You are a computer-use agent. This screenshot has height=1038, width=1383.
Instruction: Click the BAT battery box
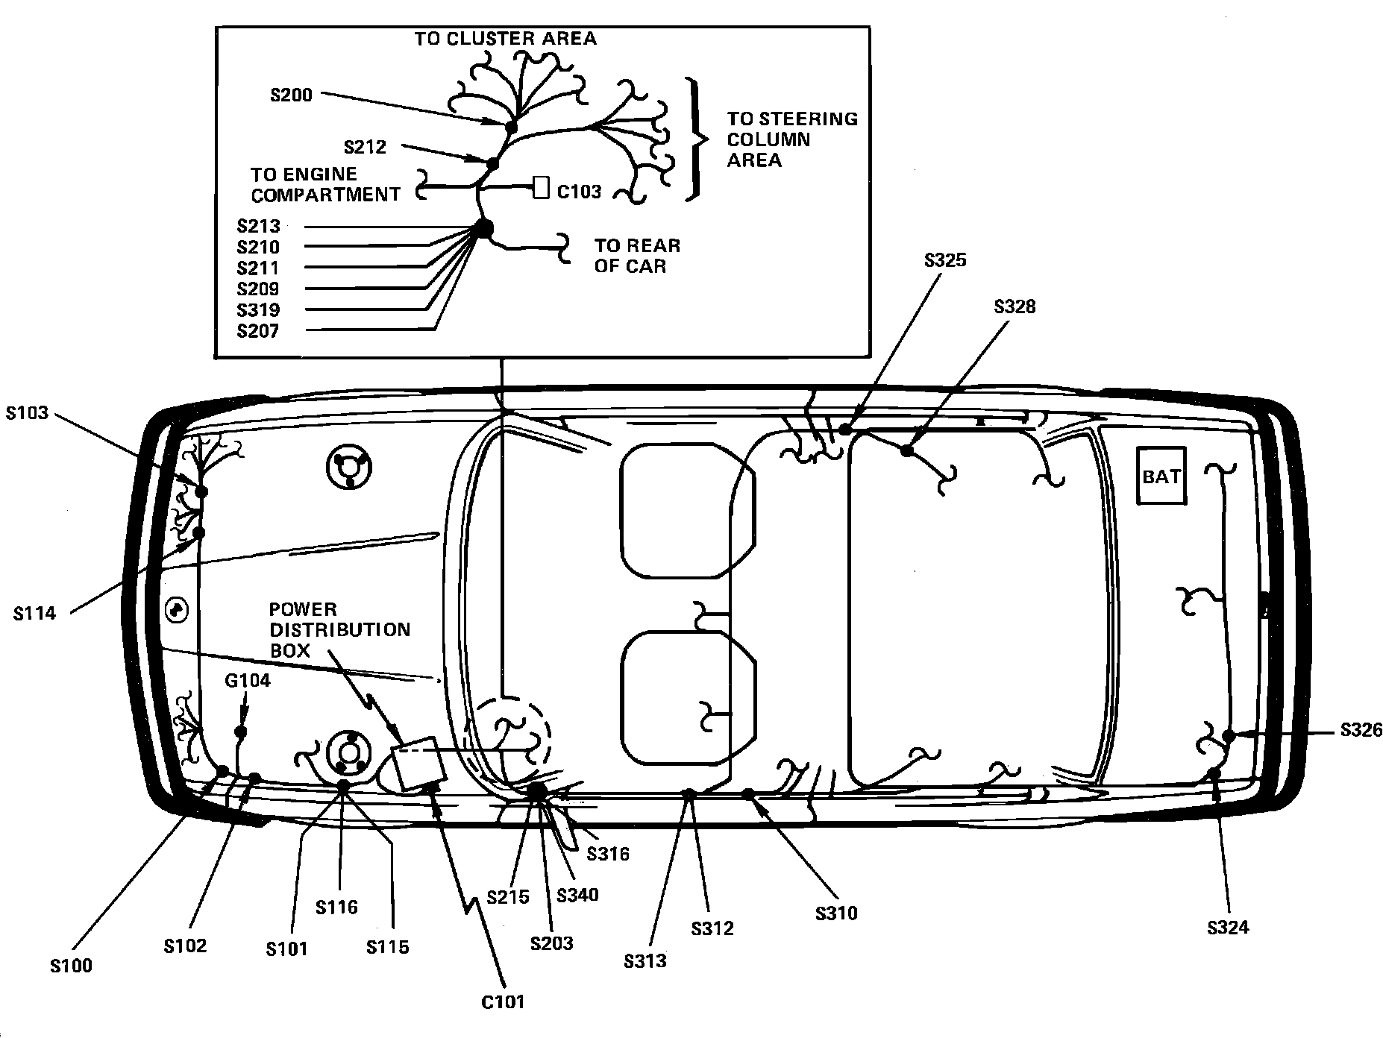coord(1161,476)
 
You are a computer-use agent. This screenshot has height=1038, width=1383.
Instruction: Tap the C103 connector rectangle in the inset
coord(541,188)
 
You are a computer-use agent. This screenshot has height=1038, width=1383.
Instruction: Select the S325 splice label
coord(945,260)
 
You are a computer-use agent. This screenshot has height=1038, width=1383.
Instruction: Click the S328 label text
coord(1014,306)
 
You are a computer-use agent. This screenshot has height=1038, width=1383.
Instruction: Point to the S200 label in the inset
coord(291,95)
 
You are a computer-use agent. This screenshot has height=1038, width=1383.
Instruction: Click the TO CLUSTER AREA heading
coord(506,39)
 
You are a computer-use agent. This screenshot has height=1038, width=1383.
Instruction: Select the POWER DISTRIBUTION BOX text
coord(339,629)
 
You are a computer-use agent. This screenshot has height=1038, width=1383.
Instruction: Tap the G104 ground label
coord(248,681)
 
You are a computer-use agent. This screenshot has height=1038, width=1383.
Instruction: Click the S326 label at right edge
coord(1361,730)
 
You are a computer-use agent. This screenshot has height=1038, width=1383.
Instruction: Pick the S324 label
coord(1228,928)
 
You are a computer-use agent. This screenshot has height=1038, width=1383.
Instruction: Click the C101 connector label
coord(503,1001)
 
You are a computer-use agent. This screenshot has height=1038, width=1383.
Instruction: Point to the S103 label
coord(27,413)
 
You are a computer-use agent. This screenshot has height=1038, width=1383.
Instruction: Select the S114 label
coord(34,614)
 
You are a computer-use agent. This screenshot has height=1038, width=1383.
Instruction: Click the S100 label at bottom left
coord(72,966)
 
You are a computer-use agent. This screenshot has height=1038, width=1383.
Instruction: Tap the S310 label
coord(836,913)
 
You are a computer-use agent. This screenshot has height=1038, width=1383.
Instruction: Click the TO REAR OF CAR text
coord(637,256)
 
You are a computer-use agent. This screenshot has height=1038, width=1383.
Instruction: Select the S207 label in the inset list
coord(258,331)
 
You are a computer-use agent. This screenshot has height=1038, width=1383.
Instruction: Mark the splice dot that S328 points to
coord(906,450)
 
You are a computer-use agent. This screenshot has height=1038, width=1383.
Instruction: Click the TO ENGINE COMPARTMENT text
coord(325,184)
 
